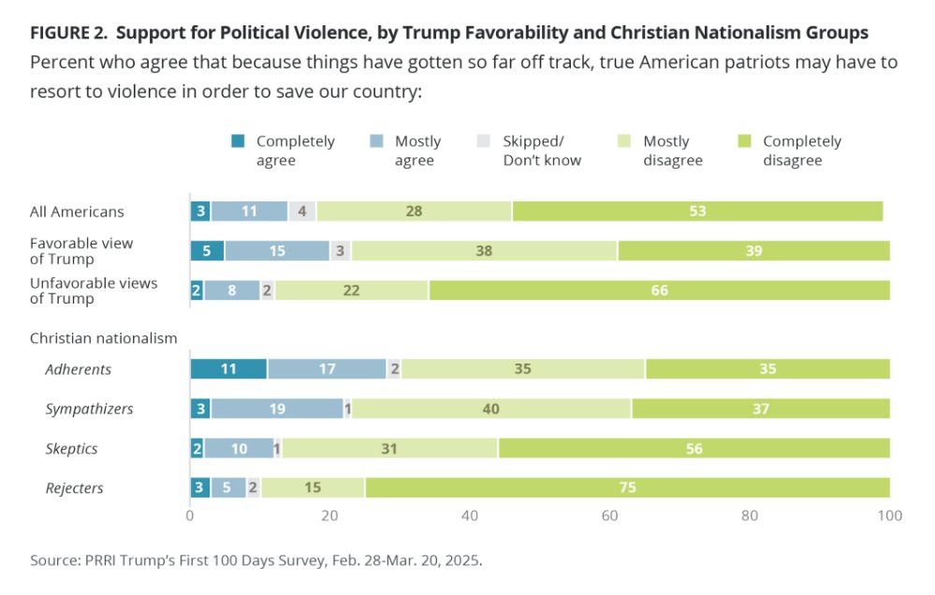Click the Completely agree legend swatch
click(239, 141)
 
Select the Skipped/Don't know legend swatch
click(484, 141)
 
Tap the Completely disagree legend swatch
click(744, 141)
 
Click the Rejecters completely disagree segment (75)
click(627, 488)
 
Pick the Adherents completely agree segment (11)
click(228, 369)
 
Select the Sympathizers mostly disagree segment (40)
click(491, 409)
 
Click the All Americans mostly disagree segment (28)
click(414, 211)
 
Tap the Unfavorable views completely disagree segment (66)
click(659, 290)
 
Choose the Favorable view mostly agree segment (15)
click(277, 250)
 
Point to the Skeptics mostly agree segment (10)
click(239, 449)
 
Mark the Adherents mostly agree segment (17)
click(327, 369)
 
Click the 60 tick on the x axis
click(610, 515)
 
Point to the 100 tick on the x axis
click(889, 515)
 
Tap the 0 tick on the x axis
click(190, 515)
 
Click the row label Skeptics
click(71, 449)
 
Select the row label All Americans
click(77, 212)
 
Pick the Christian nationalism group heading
click(103, 337)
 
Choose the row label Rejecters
click(74, 488)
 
